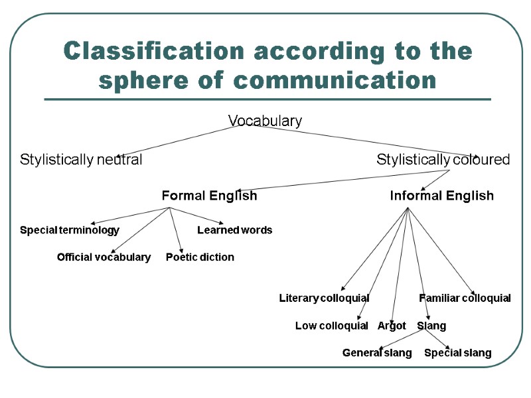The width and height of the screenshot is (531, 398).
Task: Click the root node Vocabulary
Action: click(x=265, y=121)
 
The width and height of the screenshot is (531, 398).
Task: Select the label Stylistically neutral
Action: click(x=81, y=160)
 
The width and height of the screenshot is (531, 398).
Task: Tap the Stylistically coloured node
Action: click(x=443, y=160)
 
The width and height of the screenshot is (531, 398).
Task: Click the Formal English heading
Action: click(x=209, y=196)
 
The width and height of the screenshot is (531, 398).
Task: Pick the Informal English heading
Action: click(x=441, y=196)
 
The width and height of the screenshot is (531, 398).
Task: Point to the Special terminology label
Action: click(x=70, y=230)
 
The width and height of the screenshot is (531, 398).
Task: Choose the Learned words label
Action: click(x=234, y=230)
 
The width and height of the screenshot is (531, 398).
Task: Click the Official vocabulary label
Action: click(x=104, y=257)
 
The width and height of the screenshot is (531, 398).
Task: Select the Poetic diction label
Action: click(x=200, y=257)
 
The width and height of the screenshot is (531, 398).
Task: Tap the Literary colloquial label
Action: click(x=324, y=298)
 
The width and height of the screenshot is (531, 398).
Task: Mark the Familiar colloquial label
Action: click(x=465, y=298)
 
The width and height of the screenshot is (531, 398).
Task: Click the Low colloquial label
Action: click(x=331, y=326)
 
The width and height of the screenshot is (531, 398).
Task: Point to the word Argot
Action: click(x=392, y=326)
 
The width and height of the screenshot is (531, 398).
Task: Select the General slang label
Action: click(x=377, y=353)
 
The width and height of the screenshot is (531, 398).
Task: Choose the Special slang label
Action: click(x=457, y=353)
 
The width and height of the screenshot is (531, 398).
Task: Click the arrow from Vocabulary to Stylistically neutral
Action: click(x=186, y=141)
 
